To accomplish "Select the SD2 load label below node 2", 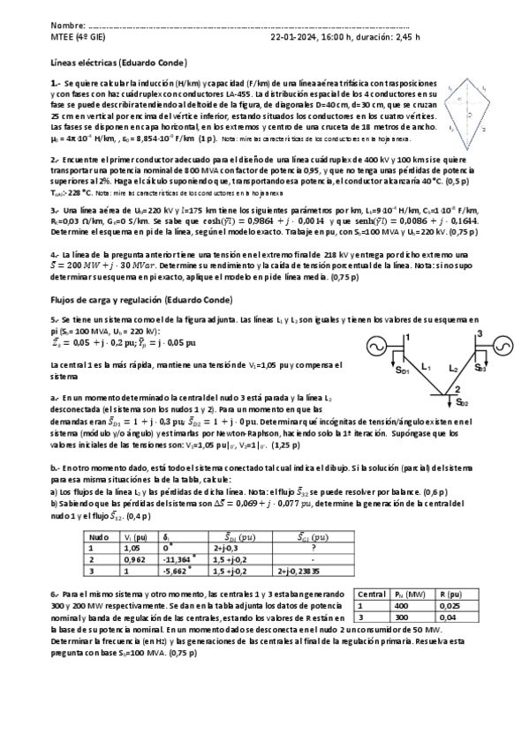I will pyautogui.click(x=463, y=403).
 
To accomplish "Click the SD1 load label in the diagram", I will pyautogui.click(x=401, y=370).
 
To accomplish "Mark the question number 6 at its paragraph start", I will pyautogui.click(x=54, y=593).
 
